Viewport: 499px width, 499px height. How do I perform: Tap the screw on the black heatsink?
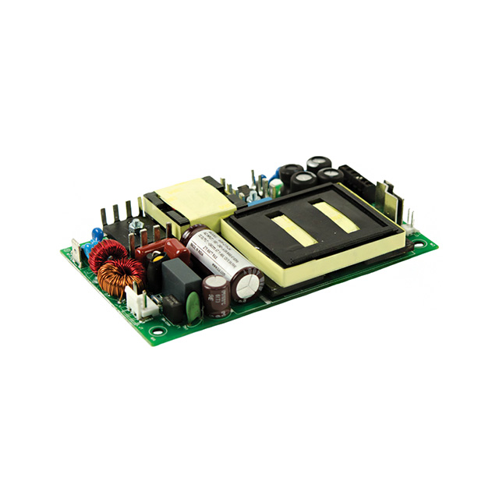click(x=136, y=225)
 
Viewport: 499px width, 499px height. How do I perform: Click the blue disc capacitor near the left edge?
click(x=97, y=233)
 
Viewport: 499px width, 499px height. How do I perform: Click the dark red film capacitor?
click(x=160, y=251)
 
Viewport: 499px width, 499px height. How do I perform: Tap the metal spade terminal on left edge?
click(x=75, y=251)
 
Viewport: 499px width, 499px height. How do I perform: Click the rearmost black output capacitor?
click(x=318, y=163)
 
